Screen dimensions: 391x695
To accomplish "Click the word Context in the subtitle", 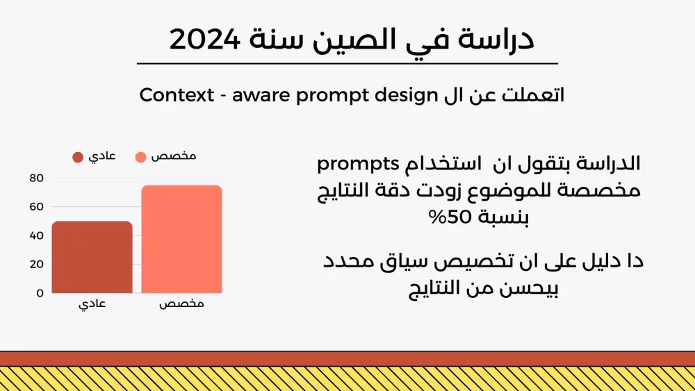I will coord(177,95).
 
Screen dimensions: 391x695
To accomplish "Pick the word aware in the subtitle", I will coord(261,95).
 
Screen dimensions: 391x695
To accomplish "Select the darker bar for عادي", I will coord(92,257).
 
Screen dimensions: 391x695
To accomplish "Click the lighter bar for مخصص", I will coord(181,239).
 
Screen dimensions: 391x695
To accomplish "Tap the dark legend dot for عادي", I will coord(78,157).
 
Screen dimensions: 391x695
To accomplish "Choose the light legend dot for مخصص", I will coord(140,157).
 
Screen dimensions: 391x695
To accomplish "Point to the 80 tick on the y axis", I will coord(36,178).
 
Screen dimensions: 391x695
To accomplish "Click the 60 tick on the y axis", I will coord(36,206).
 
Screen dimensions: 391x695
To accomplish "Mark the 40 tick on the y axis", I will coord(36,235).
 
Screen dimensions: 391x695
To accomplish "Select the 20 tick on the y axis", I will coord(36,264).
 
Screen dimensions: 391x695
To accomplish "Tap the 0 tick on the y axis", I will coord(40,293).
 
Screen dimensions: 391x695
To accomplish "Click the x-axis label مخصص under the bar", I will coord(181,304).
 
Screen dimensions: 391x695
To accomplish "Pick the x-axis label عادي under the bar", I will coord(92,304).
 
